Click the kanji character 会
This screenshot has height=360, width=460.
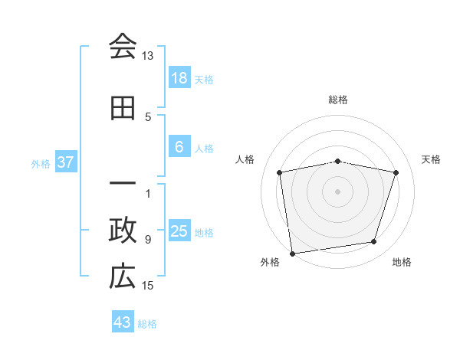[x=123, y=47]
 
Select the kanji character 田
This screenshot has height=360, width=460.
[x=123, y=108]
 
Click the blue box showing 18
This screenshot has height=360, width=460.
[x=179, y=78]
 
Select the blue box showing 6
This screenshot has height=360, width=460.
[x=179, y=147]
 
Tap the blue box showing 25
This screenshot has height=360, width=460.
[x=179, y=231]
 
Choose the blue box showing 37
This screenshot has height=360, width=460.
[x=66, y=162]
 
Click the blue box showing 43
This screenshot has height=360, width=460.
[x=123, y=322]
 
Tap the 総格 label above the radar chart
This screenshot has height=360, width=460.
[x=338, y=100]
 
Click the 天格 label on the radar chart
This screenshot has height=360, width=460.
[x=431, y=159]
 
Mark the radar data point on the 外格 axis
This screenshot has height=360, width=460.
[x=292, y=253]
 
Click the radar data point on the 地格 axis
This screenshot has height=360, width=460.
[x=374, y=242]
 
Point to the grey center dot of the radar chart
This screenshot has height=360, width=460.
[x=338, y=191]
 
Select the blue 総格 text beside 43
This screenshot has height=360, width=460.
[x=147, y=324]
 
